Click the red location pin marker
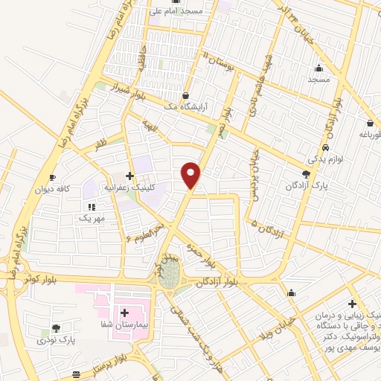pos(191,174)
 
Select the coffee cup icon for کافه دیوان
pos(52,177)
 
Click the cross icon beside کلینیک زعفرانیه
pos(130,176)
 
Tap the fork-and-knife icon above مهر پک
pos(92,207)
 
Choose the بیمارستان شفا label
pos(124,325)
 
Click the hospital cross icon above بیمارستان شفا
pos(124,313)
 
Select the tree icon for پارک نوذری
pos(57,327)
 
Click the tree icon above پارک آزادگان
pos(307,173)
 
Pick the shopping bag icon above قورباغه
pos(370,124)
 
